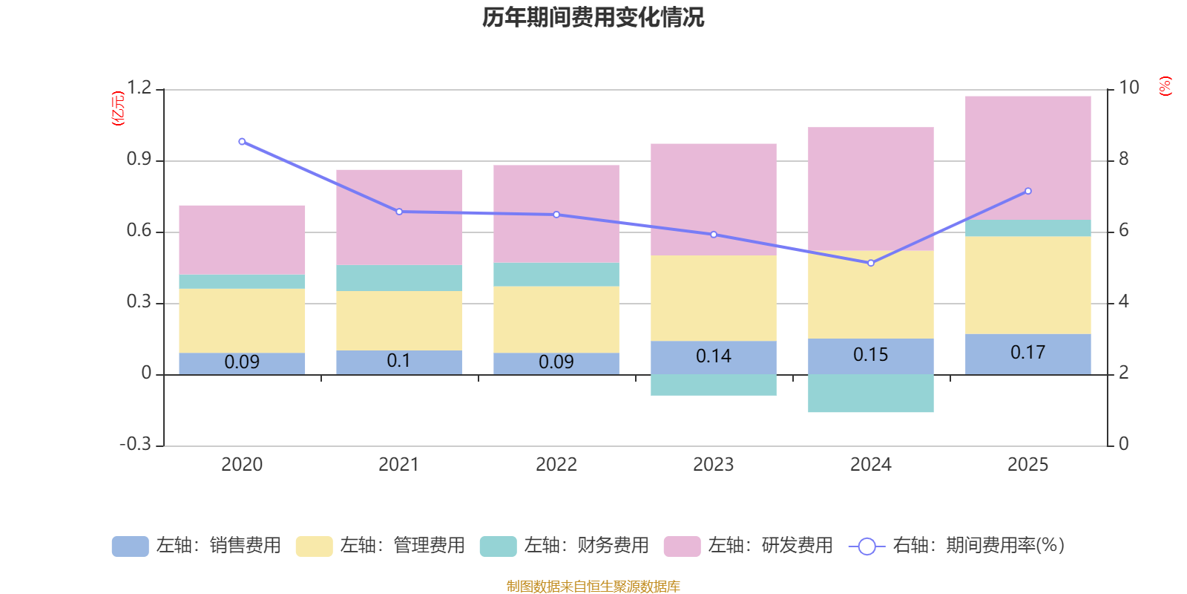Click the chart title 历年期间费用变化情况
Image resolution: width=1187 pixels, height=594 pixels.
(x=593, y=17)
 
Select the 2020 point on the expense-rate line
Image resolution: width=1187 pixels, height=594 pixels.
(x=242, y=142)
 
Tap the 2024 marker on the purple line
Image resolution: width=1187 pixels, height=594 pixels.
(x=871, y=263)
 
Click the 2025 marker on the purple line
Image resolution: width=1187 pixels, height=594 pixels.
(x=1028, y=191)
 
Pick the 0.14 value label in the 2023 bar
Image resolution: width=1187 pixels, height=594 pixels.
(x=714, y=356)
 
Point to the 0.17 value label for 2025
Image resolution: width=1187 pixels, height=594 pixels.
(x=1028, y=353)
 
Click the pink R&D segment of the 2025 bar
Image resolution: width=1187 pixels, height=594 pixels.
(x=1028, y=157)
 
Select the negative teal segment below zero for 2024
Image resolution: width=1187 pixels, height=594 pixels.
(x=871, y=394)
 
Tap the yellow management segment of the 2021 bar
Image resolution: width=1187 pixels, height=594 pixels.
(x=399, y=320)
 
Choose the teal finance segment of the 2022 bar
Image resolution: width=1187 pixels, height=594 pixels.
(x=556, y=274)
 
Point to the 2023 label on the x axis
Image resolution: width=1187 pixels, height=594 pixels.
(x=714, y=465)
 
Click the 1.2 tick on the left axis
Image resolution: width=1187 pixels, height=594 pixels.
(x=139, y=88)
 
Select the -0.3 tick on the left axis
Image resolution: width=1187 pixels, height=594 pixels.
(x=135, y=444)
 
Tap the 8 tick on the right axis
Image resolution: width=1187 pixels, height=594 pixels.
(x=1124, y=159)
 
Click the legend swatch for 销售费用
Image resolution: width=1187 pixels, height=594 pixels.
(x=130, y=546)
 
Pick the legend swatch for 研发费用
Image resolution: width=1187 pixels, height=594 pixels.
(x=682, y=546)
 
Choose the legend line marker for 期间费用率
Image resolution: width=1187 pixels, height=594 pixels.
(x=867, y=546)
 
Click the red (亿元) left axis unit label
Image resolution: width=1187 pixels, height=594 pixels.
(x=117, y=108)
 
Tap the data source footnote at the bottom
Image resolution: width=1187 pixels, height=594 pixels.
(x=593, y=587)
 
